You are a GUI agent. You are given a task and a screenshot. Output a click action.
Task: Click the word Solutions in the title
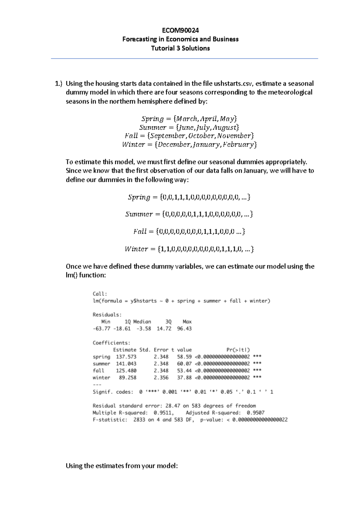[x=196, y=48]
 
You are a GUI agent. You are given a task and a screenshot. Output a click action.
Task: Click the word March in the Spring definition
[x=188, y=119]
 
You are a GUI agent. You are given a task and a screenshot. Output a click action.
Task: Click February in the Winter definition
[x=239, y=144]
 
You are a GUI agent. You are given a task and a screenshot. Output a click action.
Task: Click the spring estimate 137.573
[x=126, y=357]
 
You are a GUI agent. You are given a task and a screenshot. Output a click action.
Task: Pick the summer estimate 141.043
[x=126, y=364]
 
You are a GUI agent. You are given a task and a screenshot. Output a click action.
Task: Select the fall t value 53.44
[x=184, y=371]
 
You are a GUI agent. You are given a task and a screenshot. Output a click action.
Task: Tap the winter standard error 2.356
[x=161, y=377]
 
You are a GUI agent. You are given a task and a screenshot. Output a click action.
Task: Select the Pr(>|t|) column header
[x=238, y=350]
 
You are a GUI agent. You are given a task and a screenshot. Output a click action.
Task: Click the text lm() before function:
[x=71, y=275]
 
